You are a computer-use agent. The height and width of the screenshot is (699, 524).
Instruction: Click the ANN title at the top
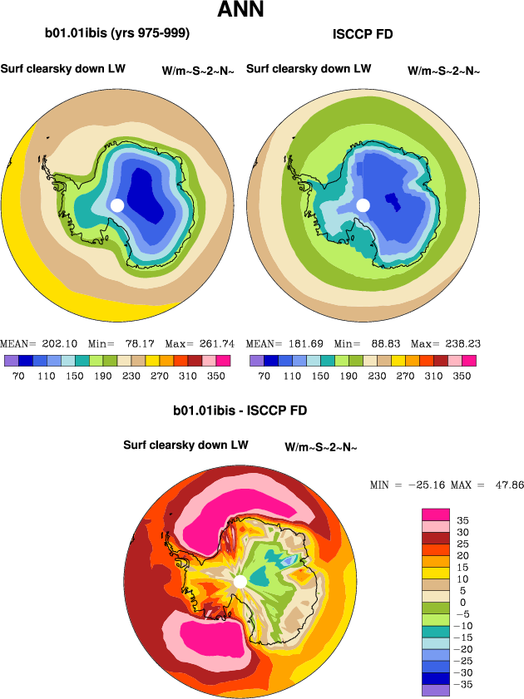pyautogui.click(x=241, y=11)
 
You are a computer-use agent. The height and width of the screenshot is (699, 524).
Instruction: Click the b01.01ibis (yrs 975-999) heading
pyautogui.click(x=116, y=34)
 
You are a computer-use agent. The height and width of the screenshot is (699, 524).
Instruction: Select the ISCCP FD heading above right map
pyautogui.click(x=362, y=34)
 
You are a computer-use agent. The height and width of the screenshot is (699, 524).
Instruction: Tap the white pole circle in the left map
pyautogui.click(x=117, y=204)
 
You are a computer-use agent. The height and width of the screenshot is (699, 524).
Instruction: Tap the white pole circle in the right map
pyautogui.click(x=363, y=204)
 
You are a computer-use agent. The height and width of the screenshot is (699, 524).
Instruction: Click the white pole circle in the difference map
pyautogui.click(x=240, y=581)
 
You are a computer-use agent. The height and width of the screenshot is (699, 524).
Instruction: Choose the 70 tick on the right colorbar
pyautogui.click(x=264, y=376)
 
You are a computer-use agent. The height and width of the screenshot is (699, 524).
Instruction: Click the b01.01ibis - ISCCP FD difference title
pyautogui.click(x=240, y=411)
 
